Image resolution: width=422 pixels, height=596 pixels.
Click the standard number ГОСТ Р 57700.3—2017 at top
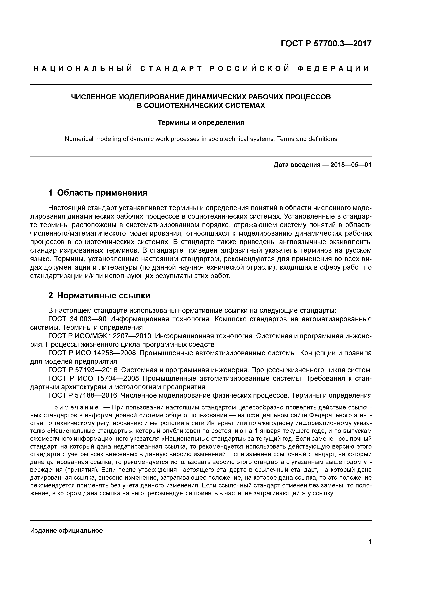coord(326,44)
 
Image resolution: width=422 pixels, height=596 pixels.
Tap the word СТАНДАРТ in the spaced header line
coord(171,69)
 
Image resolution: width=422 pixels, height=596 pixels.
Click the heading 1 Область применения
coord(98,193)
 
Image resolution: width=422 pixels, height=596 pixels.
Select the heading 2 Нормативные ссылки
coord(99,296)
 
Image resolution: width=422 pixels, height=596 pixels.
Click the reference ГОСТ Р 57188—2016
coord(83,395)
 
